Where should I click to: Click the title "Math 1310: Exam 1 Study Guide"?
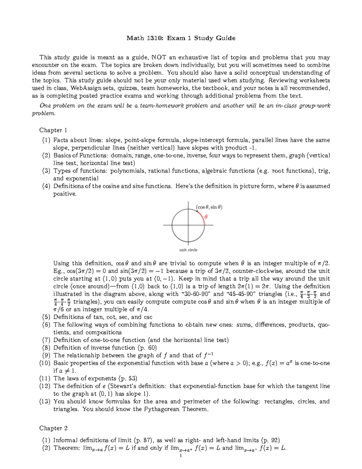[x=181, y=38]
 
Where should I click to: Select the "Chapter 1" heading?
[x=53, y=130]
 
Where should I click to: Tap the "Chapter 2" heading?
[x=53, y=428]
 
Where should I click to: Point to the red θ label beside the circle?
[x=206, y=217]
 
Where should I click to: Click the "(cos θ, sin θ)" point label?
[x=209, y=207]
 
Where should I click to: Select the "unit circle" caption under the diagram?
[x=188, y=250]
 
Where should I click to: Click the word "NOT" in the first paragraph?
[x=159, y=57]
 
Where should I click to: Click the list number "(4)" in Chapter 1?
[x=46, y=186]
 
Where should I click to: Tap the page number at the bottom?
[x=180, y=456]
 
